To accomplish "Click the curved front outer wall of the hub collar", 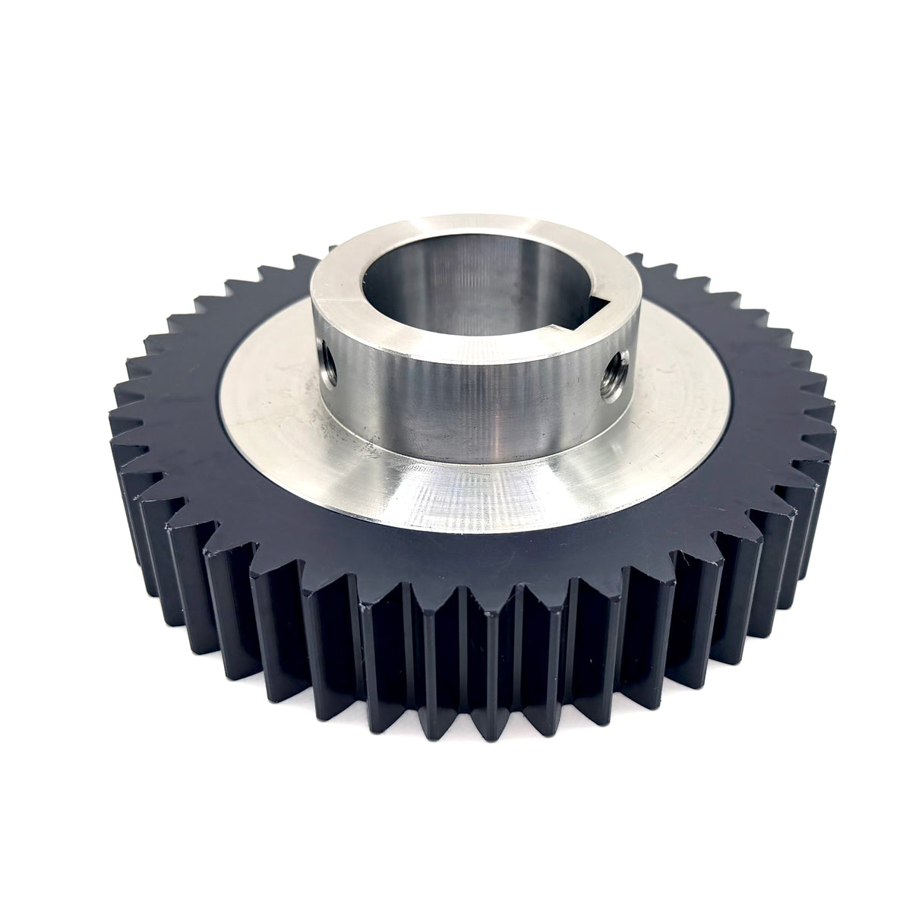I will (471, 403).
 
